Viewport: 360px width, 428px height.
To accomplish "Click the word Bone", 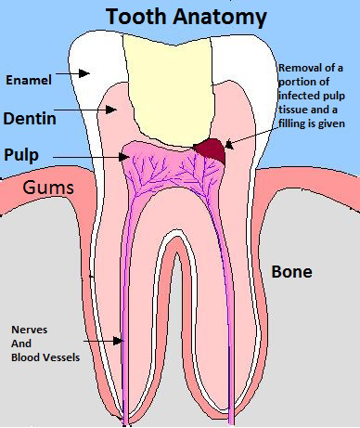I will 290,272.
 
